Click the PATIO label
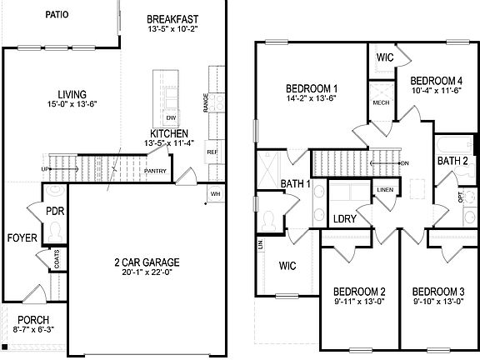click(57, 15)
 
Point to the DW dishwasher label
click(170, 117)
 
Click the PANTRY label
click(156, 172)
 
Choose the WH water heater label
click(215, 194)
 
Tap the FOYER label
click(22, 238)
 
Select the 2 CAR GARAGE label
click(147, 262)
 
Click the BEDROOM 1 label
click(312, 88)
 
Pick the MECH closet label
click(381, 103)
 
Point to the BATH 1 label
click(295, 183)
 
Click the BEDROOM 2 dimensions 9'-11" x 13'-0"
click(359, 302)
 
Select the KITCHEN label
click(169, 133)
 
